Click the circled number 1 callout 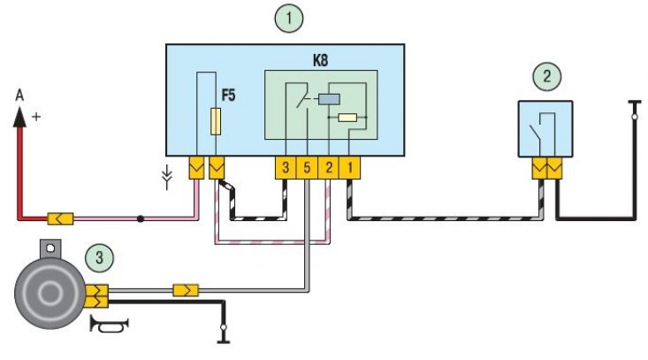click(289, 19)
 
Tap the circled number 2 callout click(546, 76)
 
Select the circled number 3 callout click(99, 258)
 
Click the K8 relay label click(320, 61)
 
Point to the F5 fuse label click(228, 96)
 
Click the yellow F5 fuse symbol click(216, 121)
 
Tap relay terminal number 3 click(286, 168)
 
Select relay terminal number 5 click(307, 168)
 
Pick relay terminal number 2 click(329, 168)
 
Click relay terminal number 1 click(349, 168)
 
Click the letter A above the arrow click(19, 96)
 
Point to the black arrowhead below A click(19, 117)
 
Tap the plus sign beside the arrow click(36, 117)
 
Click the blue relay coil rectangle click(329, 99)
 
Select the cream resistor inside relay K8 click(347, 118)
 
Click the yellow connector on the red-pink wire click(60, 218)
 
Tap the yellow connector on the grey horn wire click(186, 290)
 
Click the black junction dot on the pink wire click(141, 218)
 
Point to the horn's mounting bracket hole click(50, 248)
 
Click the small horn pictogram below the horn click(109, 326)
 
